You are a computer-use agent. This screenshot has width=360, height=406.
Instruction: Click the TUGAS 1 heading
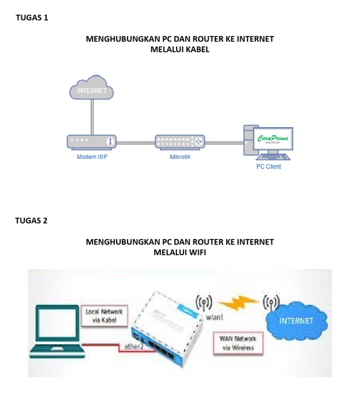click(x=32, y=18)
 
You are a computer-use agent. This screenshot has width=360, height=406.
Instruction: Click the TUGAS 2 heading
click(x=31, y=221)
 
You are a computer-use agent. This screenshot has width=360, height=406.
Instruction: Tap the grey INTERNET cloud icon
click(x=92, y=89)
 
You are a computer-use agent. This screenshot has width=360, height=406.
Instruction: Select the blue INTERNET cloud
click(x=295, y=321)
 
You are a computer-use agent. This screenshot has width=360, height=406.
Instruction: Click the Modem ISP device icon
click(x=91, y=142)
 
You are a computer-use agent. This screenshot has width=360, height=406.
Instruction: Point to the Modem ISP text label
click(x=92, y=157)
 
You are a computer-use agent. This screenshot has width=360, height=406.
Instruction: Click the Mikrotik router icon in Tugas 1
click(x=180, y=142)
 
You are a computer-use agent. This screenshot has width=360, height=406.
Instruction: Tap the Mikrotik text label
click(x=180, y=157)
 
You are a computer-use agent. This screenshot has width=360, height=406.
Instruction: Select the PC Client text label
click(x=268, y=166)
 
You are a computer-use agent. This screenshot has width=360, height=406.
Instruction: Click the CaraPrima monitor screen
click(x=273, y=139)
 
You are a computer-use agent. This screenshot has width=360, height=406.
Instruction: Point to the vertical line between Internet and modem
click(x=92, y=117)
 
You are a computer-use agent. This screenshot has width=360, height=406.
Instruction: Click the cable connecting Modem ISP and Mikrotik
click(x=135, y=142)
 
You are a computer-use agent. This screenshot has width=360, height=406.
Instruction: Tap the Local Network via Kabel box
click(x=104, y=316)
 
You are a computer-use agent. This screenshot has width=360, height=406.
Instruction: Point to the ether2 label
click(x=135, y=347)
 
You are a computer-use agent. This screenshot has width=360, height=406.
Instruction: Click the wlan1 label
click(x=216, y=317)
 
